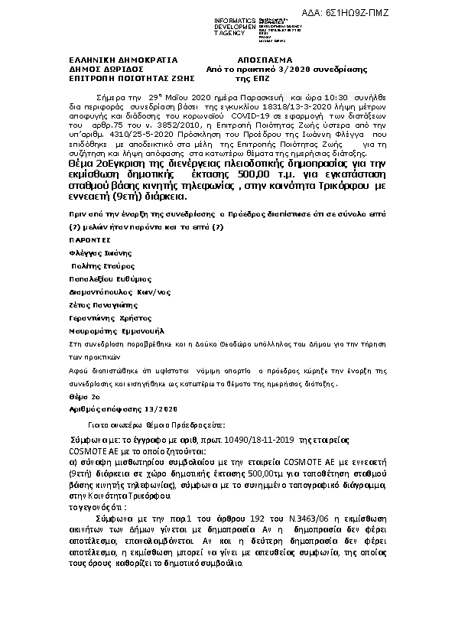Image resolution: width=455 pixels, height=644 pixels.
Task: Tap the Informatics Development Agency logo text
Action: click(x=235, y=26)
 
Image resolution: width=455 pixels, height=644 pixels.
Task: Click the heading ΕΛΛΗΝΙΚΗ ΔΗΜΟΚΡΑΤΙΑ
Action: click(x=112, y=59)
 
